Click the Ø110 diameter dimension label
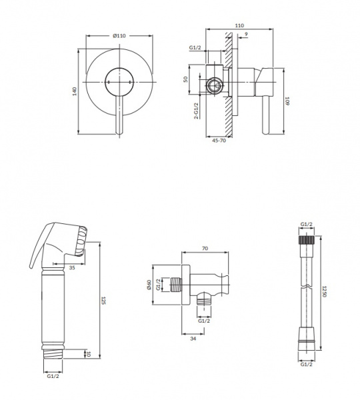119,36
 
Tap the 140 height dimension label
75,91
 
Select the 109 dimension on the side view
287,101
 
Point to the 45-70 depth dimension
219,140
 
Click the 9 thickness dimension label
246,34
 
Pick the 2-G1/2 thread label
196,111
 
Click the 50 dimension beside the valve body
185,79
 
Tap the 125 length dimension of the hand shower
103,301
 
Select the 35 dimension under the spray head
72,267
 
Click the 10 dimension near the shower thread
89,354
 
